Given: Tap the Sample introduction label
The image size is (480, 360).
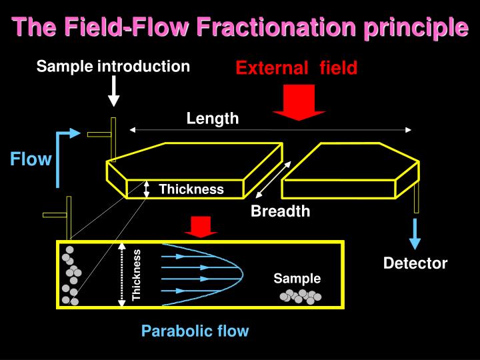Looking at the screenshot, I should [x=113, y=67].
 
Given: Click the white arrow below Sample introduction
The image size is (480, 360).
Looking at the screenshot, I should [x=114, y=91].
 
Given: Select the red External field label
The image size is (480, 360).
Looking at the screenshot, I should [x=296, y=67].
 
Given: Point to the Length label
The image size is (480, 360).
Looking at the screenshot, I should [x=213, y=119].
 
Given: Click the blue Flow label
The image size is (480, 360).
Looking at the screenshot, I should [x=31, y=159].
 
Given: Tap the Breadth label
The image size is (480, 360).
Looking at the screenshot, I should [x=280, y=211].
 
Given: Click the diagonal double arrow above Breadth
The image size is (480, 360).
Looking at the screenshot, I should [x=273, y=179].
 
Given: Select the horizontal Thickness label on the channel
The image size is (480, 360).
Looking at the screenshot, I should [x=191, y=189].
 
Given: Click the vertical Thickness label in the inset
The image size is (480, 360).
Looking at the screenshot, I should [x=137, y=275].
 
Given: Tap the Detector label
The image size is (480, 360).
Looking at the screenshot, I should [x=415, y=263].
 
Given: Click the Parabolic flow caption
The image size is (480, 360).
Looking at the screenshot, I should [x=195, y=331].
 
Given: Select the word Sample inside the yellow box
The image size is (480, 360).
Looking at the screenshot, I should [x=297, y=279].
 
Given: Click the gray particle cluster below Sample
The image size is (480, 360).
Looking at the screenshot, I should [x=301, y=296].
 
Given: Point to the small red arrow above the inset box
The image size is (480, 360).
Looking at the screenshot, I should [x=198, y=227].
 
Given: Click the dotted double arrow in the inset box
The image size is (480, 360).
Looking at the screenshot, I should [x=121, y=275].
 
